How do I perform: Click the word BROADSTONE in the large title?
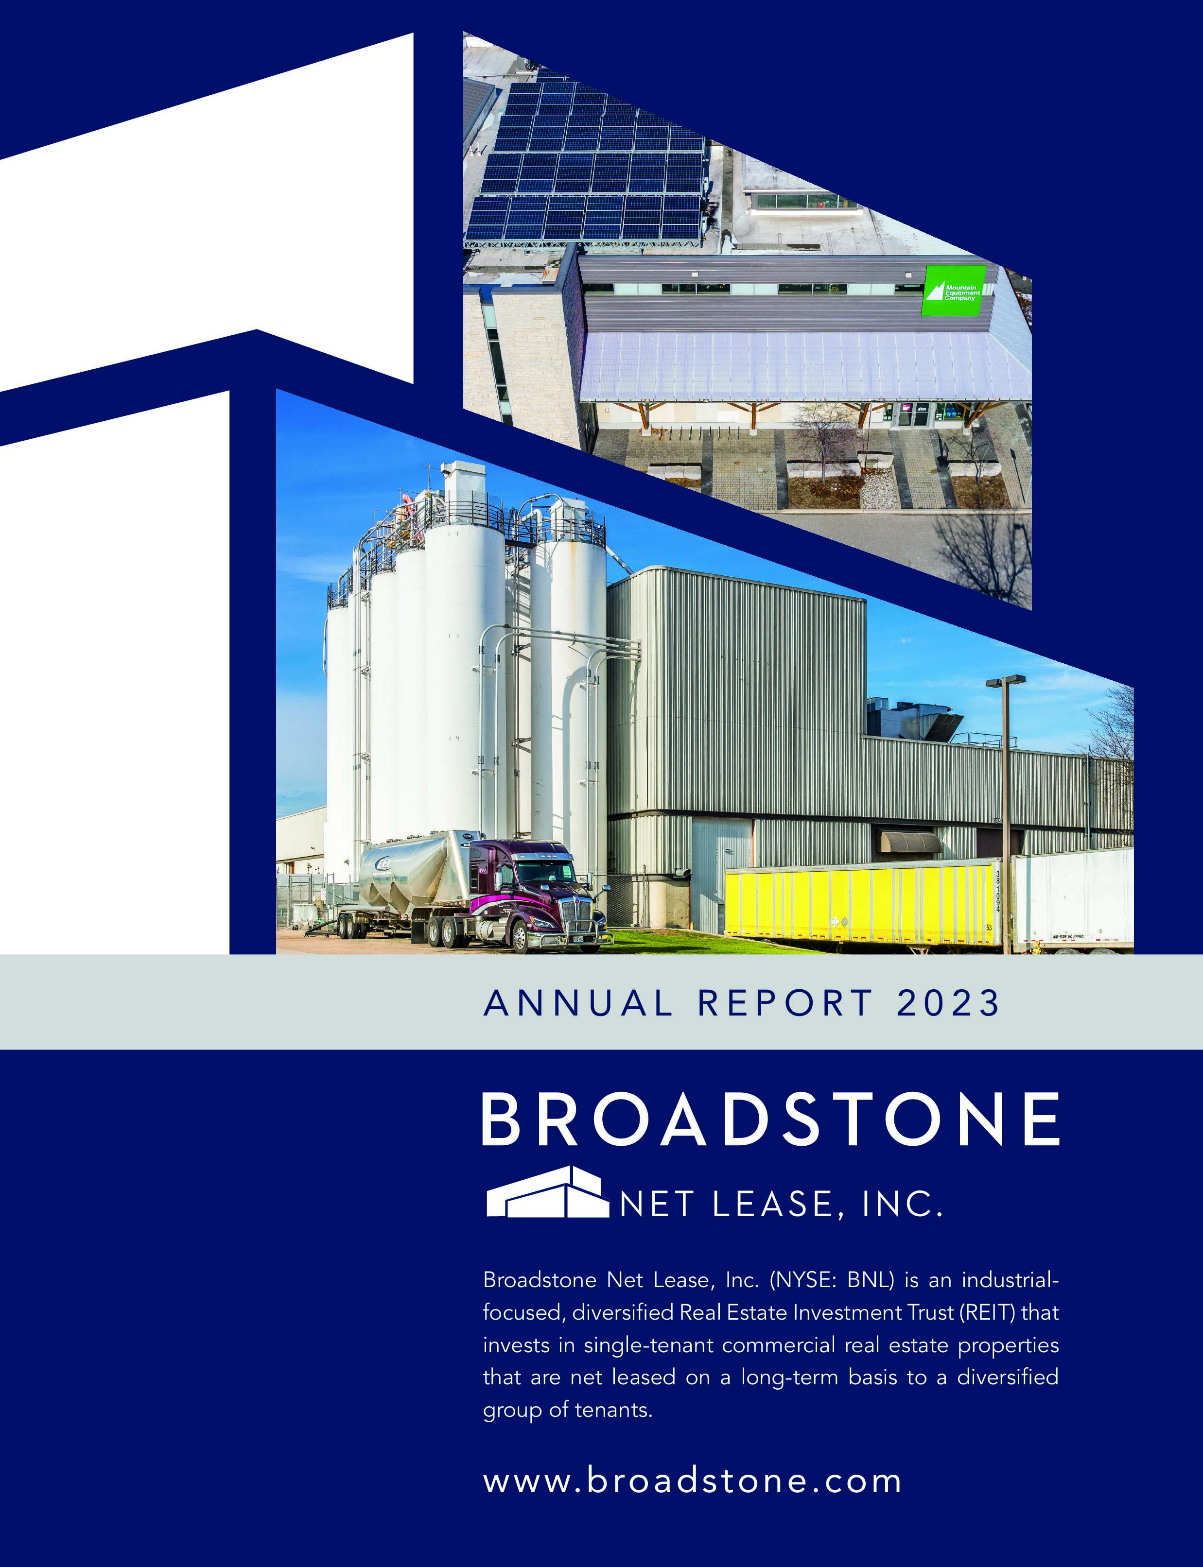[770, 1119]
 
